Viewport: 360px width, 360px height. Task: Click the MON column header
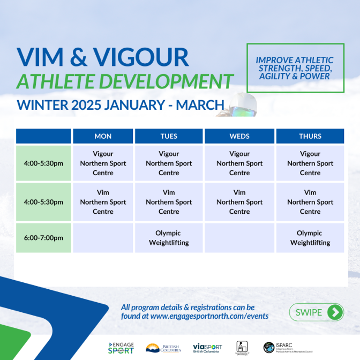click(103, 136)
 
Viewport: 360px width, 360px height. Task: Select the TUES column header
click(169, 136)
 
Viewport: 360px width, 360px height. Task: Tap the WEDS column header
click(239, 136)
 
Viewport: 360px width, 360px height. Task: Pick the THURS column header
click(310, 136)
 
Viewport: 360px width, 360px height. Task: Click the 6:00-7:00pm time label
click(43, 238)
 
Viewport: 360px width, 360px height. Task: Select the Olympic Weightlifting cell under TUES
click(169, 238)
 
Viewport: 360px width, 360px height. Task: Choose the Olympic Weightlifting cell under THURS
click(310, 238)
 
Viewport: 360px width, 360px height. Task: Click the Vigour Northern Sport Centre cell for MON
click(103, 163)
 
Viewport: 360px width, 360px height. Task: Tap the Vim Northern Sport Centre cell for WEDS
click(239, 202)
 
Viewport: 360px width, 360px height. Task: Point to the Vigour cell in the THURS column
click(310, 163)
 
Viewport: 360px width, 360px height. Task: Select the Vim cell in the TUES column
click(169, 202)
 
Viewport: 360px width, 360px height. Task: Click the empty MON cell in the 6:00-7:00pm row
click(103, 238)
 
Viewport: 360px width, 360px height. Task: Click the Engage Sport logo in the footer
click(121, 348)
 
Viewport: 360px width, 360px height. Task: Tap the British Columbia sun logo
click(163, 348)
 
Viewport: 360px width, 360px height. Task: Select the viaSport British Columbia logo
click(207, 348)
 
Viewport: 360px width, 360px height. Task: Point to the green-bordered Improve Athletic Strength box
click(295, 68)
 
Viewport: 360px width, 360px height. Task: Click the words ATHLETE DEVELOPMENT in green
click(125, 81)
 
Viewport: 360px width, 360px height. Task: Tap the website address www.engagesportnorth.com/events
click(209, 316)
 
